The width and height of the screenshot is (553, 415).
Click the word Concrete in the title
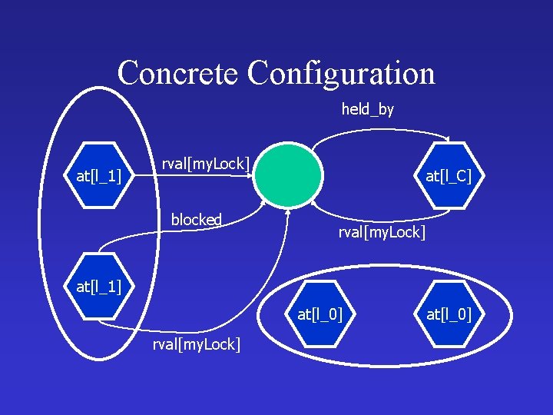pos(179,74)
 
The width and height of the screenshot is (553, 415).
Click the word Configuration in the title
pos(341,74)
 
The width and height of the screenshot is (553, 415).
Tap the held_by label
pos(368,109)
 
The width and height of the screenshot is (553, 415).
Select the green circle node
pos(288,176)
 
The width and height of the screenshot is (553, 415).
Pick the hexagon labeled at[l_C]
pos(449,176)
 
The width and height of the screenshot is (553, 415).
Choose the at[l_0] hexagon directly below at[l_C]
pos(449,314)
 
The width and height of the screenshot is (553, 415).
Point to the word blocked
pos(197,220)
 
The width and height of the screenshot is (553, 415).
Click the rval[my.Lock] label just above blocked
pos(205,163)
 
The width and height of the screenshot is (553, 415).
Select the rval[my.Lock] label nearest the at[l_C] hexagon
pos(382,231)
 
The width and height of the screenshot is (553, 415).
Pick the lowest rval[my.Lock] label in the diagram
pos(196,344)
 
